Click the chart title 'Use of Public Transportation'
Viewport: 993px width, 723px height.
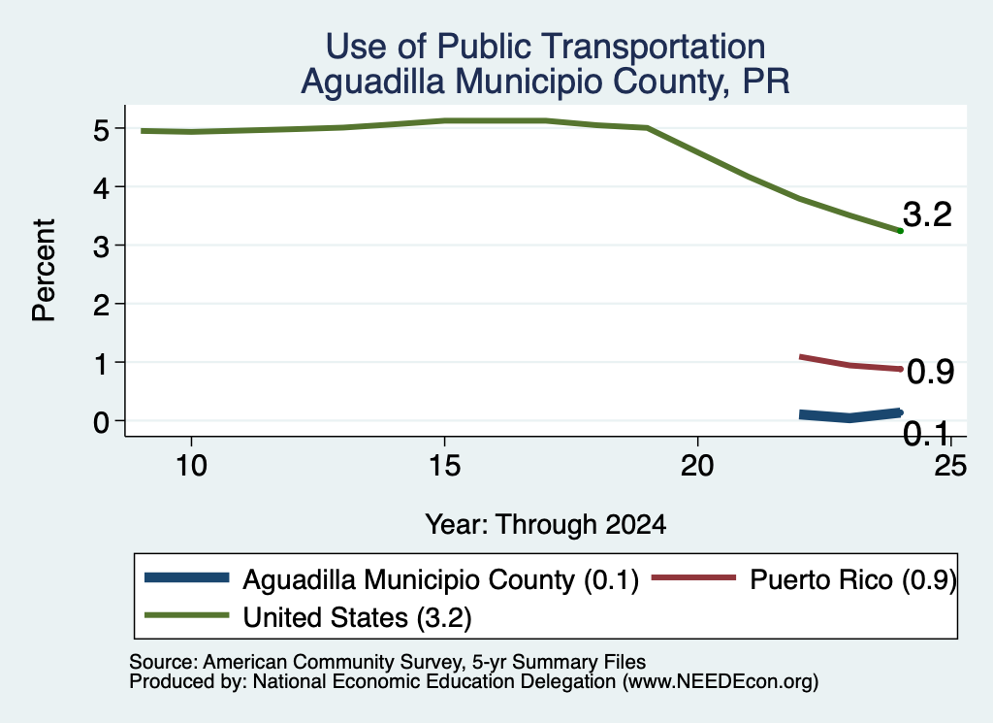coord(545,47)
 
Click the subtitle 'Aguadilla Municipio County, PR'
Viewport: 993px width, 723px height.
coord(545,82)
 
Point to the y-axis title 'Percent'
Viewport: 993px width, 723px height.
coord(44,270)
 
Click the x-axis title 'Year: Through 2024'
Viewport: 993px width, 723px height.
coord(545,525)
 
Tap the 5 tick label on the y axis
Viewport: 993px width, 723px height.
coord(101,130)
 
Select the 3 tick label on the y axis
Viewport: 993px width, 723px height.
coord(101,246)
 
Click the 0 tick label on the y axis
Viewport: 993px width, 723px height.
coord(101,422)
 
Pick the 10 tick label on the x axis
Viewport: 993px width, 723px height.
coord(191,467)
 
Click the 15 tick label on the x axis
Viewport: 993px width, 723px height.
coord(444,467)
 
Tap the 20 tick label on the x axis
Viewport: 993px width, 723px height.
coord(697,467)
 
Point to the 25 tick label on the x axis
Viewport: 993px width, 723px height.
coord(950,467)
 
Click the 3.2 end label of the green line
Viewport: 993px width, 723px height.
coord(927,214)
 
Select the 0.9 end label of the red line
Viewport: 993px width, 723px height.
coord(930,372)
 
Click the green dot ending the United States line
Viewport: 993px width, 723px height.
coord(900,231)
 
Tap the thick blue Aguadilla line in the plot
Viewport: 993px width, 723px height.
coord(849,415)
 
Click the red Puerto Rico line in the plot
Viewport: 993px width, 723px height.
coord(849,364)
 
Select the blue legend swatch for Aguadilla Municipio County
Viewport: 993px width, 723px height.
coord(186,577)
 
